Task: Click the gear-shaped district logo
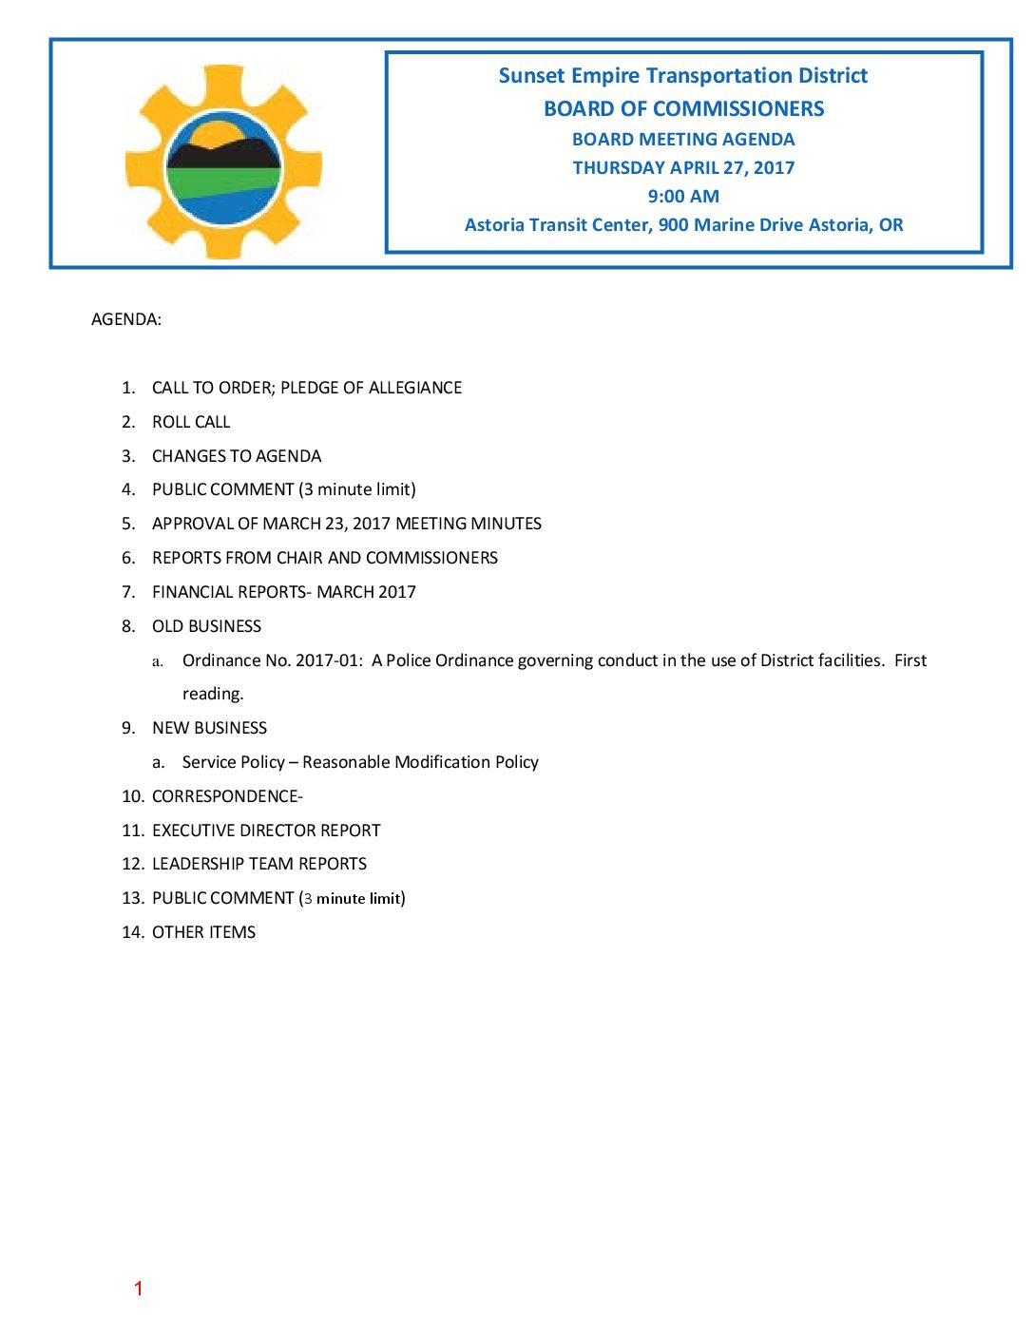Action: (x=224, y=162)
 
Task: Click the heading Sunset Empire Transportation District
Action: (x=682, y=76)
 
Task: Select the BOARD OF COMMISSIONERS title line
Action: (x=683, y=109)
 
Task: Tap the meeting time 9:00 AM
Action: (x=683, y=197)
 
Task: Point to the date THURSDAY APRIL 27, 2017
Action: (x=683, y=168)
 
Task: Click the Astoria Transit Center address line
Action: (x=683, y=225)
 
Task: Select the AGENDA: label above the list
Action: (x=126, y=319)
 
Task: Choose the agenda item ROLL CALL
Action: (x=191, y=422)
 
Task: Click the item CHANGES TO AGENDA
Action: (x=237, y=456)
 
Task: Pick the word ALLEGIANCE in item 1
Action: (x=415, y=388)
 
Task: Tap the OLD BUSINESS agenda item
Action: (x=206, y=626)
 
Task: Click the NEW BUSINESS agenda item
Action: (x=209, y=728)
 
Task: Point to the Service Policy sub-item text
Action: (x=360, y=762)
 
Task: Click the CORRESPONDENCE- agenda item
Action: (x=227, y=796)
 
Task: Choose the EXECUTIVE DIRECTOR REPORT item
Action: (x=266, y=831)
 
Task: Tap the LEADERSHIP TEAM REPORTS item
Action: (x=259, y=864)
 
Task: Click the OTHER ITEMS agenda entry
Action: (x=203, y=932)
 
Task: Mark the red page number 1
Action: (x=139, y=1289)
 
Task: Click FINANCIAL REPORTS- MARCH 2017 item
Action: (x=284, y=592)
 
